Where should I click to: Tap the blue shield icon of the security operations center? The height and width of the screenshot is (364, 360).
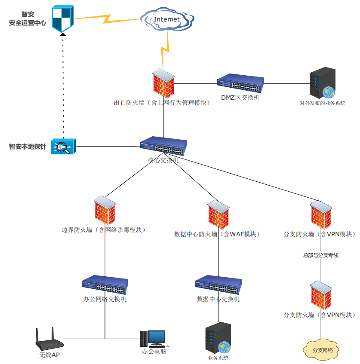coord(63,18)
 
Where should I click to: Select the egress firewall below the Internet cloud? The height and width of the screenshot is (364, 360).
coord(163,83)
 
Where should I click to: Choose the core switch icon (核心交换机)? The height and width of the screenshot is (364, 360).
coord(163,147)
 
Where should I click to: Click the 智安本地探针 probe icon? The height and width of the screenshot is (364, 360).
coord(63,147)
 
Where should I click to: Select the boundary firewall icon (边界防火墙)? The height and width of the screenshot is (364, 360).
coord(105,210)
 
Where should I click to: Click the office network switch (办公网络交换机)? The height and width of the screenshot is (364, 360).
coord(105,284)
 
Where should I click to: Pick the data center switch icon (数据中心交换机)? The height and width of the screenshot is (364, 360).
coord(218,284)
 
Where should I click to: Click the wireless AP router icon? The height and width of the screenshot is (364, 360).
coord(48,340)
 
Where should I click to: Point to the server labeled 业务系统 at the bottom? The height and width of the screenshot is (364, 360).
coord(218,338)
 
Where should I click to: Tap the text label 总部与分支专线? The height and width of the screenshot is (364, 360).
coord(320,255)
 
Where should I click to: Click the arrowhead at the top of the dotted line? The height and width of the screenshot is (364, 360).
coord(63,34)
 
